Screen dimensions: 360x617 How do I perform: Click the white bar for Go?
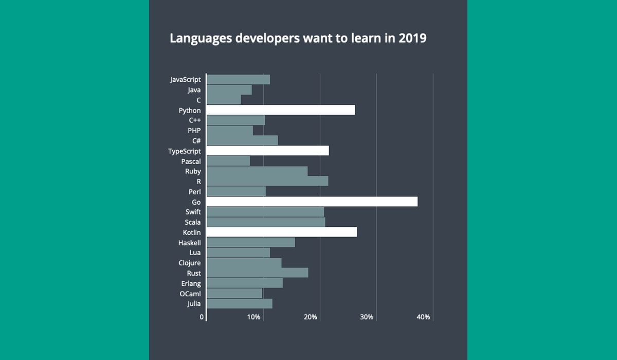[312, 202]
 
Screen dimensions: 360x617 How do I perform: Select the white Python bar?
[280, 110]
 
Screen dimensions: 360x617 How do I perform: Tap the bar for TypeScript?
[267, 151]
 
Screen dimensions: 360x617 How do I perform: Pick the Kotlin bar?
[281, 232]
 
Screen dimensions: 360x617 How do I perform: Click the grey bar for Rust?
[257, 273]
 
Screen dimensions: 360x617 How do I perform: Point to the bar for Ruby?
[257, 171]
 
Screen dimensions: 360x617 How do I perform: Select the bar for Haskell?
[250, 243]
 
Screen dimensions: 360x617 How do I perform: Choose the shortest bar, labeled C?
[224, 100]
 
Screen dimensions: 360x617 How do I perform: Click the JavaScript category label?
[185, 80]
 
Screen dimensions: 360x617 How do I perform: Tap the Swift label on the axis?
[193, 212]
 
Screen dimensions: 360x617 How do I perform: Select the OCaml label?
[190, 294]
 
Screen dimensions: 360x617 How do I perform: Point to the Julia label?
[194, 304]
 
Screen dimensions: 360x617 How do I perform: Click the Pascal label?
[191, 161]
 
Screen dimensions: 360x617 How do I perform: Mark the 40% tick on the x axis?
[423, 317]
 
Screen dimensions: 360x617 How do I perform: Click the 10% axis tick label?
[253, 317]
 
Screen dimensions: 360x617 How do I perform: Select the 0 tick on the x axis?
[202, 317]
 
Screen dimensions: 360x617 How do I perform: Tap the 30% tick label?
[367, 317]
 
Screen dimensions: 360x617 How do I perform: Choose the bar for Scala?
[266, 222]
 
